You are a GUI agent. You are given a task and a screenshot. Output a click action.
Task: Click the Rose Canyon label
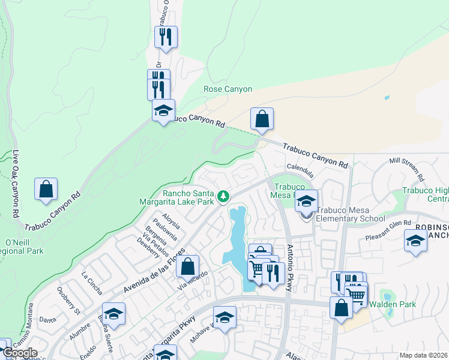point(223,89)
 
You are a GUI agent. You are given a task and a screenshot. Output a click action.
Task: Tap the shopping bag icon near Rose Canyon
point(262,119)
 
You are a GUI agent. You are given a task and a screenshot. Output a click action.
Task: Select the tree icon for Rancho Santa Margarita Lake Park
point(223,196)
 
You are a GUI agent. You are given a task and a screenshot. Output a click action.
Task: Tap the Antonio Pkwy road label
point(290,268)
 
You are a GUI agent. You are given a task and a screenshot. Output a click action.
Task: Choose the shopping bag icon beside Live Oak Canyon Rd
point(46,189)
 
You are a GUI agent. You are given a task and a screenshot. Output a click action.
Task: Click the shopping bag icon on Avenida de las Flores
point(187,266)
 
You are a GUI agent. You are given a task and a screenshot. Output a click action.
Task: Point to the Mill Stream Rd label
point(407,170)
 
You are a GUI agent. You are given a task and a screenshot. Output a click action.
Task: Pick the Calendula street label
point(300,168)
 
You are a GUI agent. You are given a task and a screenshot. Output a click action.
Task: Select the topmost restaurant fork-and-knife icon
point(166,37)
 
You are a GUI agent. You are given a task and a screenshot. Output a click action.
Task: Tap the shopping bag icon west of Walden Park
point(341,308)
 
